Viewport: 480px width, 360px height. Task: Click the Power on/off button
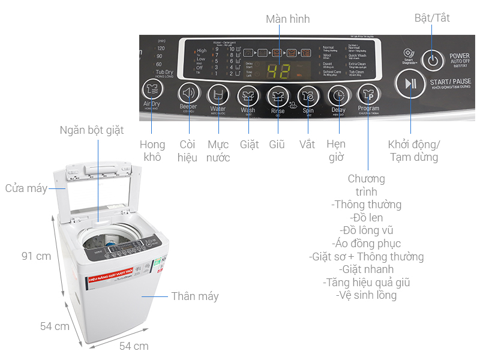pyautogui.click(x=432, y=60)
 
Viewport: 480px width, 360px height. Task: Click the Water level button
pyautogui.click(x=218, y=95)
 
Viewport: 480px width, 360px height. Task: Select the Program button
pyautogui.click(x=368, y=95)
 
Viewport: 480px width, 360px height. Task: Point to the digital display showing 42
pyautogui.click(x=279, y=70)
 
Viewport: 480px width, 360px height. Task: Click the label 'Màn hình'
pyautogui.click(x=288, y=19)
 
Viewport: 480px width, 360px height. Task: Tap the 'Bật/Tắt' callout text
pyautogui.click(x=432, y=18)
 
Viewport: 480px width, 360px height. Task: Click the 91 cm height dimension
pyautogui.click(x=36, y=256)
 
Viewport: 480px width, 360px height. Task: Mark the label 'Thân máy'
pyautogui.click(x=195, y=296)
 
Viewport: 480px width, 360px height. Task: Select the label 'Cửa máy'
pyautogui.click(x=26, y=188)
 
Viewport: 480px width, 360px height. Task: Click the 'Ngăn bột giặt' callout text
pyautogui.click(x=92, y=130)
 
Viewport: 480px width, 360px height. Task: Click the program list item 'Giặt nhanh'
pyautogui.click(x=366, y=269)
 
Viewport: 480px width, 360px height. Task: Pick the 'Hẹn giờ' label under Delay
pyautogui.click(x=336, y=151)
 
